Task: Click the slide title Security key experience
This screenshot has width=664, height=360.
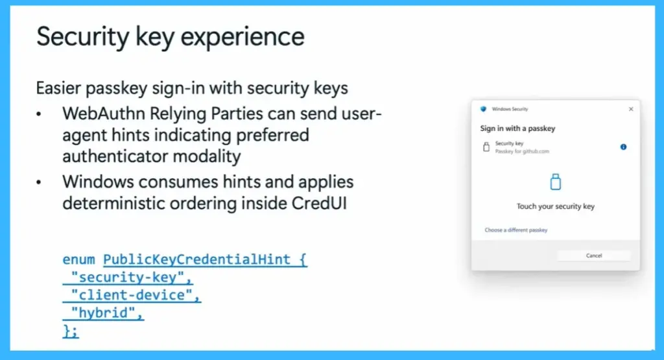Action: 170,37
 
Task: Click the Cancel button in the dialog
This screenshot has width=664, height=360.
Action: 594,256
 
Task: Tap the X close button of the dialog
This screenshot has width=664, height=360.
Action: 631,109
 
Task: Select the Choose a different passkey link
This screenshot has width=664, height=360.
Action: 516,230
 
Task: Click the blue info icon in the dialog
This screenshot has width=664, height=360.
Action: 624,147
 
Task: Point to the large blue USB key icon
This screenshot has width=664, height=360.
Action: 555,182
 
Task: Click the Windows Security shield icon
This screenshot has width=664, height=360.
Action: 483,109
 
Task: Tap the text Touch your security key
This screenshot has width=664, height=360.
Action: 555,206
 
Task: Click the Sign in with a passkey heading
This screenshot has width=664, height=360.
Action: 517,128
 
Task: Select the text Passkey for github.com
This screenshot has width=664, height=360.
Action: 522,151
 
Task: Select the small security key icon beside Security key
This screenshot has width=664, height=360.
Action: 486,147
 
